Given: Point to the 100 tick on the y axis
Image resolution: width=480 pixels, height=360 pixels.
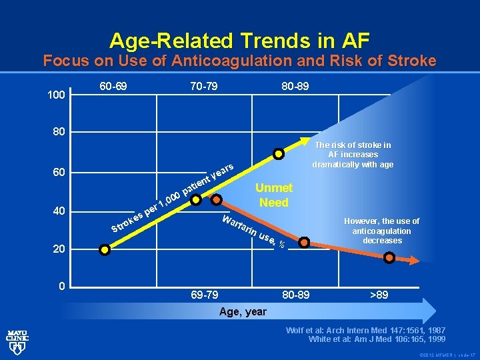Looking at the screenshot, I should click(x=58, y=95).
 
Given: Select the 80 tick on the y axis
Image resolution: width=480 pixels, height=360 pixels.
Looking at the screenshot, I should click(x=59, y=132).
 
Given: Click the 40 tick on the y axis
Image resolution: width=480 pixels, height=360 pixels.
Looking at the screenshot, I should click(x=59, y=211).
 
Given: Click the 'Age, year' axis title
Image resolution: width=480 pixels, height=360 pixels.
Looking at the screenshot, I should click(x=243, y=311).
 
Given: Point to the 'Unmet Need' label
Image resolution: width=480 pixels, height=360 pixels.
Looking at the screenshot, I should click(x=273, y=195).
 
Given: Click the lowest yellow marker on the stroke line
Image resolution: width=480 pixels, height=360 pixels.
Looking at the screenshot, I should click(x=104, y=250).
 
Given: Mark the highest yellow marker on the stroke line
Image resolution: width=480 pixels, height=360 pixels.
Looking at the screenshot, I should click(x=279, y=155).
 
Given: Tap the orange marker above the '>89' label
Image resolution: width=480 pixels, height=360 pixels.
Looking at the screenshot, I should click(x=389, y=261).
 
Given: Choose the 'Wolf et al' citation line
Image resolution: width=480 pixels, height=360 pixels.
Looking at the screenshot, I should click(x=365, y=330).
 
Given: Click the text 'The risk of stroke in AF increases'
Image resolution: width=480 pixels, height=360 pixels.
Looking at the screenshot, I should click(x=352, y=149).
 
